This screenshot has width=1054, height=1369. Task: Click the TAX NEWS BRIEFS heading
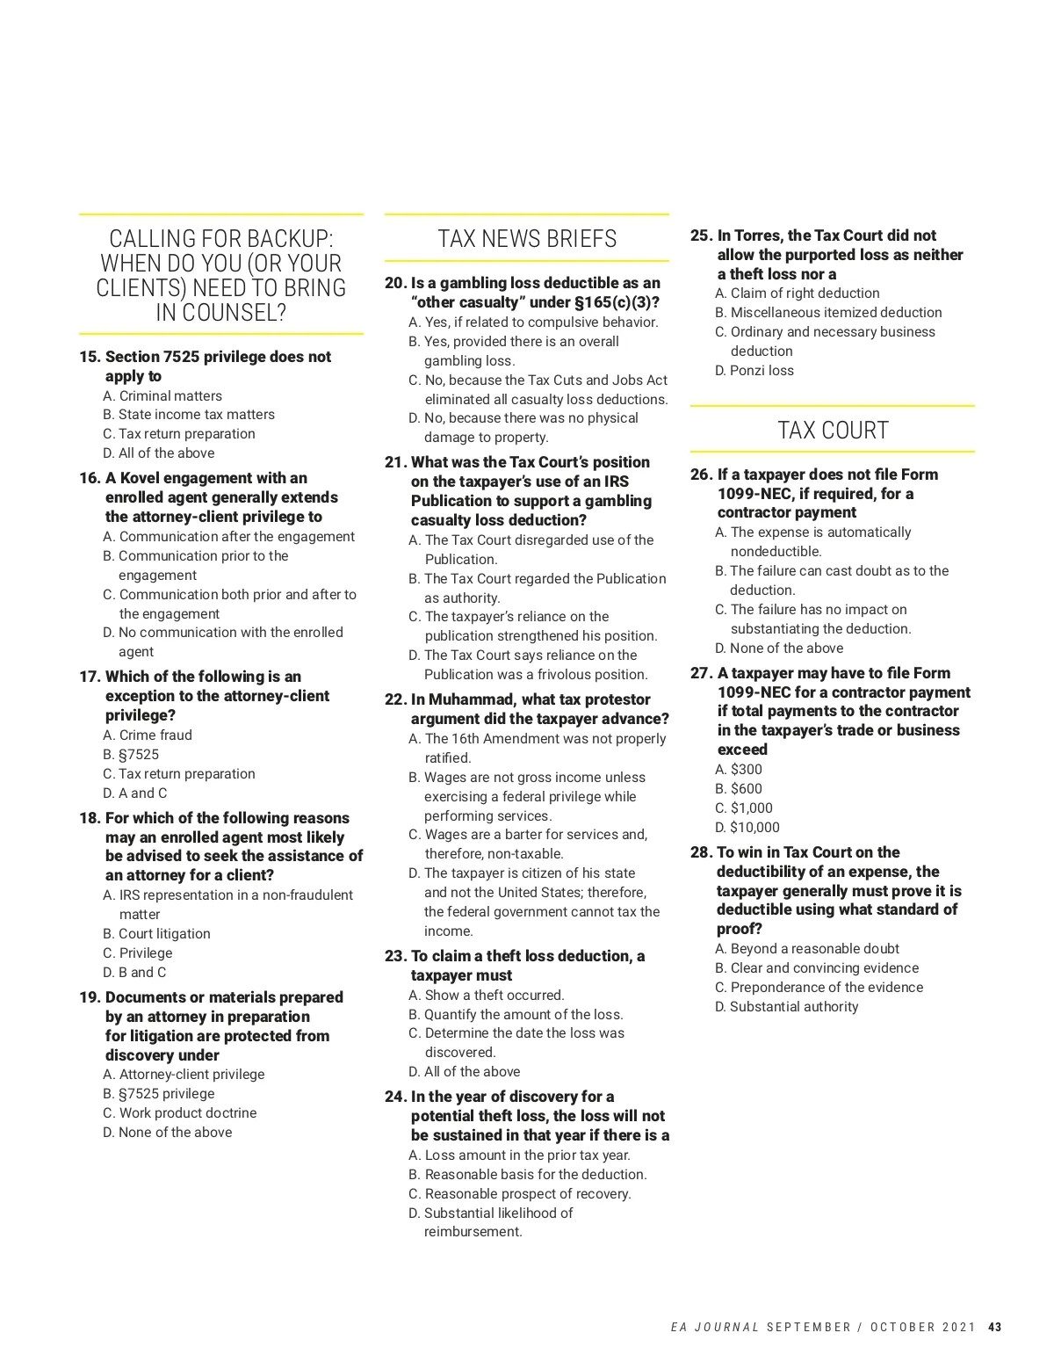[527, 239]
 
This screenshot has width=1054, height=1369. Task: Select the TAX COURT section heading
[833, 431]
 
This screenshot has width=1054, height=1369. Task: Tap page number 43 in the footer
[994, 1327]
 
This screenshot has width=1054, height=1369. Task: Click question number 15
[90, 357]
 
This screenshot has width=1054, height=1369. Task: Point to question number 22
[395, 699]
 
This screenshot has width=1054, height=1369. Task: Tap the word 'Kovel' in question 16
[141, 478]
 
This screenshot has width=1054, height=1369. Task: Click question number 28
[700, 852]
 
